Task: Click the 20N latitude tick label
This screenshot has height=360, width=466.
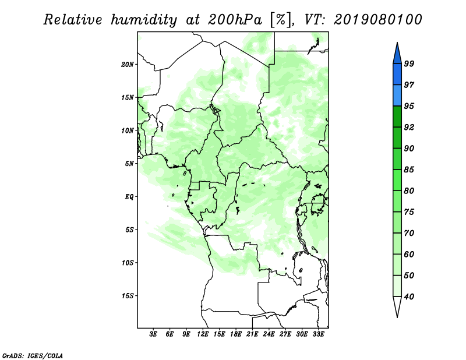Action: pyautogui.click(x=128, y=64)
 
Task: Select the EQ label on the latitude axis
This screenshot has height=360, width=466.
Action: pyautogui.click(x=129, y=196)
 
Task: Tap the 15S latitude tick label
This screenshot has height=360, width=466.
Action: pyautogui.click(x=128, y=296)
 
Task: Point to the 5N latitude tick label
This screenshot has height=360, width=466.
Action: pyautogui.click(x=129, y=164)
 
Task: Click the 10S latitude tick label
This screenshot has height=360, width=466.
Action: pyautogui.click(x=128, y=263)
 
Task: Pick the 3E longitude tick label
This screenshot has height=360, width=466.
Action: pyautogui.click(x=154, y=334)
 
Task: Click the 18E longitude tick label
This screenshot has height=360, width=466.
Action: pyautogui.click(x=236, y=334)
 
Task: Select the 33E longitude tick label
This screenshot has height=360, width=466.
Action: pyautogui.click(x=318, y=334)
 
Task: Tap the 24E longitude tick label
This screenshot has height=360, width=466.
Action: pyautogui.click(x=269, y=334)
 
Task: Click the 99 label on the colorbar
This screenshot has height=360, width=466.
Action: pyautogui.click(x=409, y=64)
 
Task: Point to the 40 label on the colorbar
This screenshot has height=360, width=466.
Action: pyautogui.click(x=409, y=297)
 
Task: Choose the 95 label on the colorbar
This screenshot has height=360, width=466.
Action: pyautogui.click(x=409, y=106)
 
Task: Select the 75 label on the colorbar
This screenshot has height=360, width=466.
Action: pyautogui.click(x=409, y=212)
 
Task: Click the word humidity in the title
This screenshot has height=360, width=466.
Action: pyautogui.click(x=148, y=20)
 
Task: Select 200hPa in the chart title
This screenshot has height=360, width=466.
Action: pyautogui.click(x=234, y=20)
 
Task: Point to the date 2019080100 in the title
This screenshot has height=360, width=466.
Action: pyautogui.click(x=378, y=20)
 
